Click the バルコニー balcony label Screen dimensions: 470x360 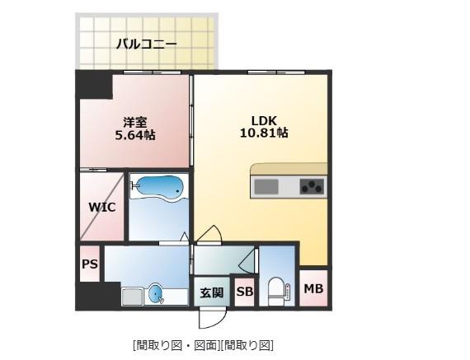147,44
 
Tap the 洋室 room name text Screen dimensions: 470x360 135,122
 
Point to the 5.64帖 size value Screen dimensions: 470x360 135,135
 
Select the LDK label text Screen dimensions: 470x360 264,121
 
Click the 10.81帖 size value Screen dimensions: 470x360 264,133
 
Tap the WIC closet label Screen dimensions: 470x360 102,207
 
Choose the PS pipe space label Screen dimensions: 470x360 90,264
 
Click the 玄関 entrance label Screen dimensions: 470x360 212,292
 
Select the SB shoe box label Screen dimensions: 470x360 245,292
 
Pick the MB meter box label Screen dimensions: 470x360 313,288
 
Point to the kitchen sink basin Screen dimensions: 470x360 266,187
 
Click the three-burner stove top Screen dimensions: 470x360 312,186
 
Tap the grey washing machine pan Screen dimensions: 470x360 132,297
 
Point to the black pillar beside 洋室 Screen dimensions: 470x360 93,85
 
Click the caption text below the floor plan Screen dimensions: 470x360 203,345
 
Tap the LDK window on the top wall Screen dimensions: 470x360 275,72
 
